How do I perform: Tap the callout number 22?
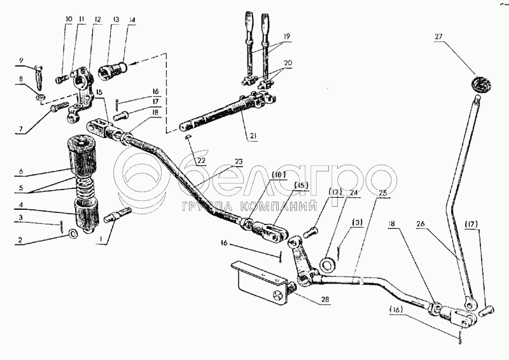point(201,160)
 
